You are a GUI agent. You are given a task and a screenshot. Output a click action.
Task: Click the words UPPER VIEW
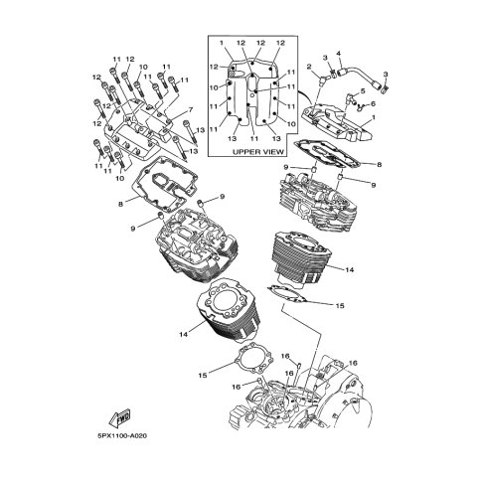click(258, 152)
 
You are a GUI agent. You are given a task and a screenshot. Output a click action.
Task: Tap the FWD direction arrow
click(119, 417)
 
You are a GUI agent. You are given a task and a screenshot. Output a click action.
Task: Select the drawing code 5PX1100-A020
click(122, 435)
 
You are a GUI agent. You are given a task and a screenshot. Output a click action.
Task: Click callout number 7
click(190, 109)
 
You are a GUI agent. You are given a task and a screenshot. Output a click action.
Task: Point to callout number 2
click(309, 68)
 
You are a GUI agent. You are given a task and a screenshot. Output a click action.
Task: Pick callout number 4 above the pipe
click(339, 53)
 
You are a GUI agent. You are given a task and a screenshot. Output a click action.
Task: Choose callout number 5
click(363, 90)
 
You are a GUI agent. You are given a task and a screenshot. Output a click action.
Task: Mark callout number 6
click(373, 103)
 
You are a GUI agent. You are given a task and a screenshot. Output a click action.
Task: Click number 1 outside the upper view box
click(374, 117)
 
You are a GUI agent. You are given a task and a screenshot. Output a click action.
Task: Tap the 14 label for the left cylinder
click(184, 334)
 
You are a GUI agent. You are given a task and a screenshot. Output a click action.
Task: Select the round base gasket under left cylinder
click(254, 360)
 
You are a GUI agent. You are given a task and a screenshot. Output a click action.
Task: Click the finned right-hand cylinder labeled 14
click(302, 257)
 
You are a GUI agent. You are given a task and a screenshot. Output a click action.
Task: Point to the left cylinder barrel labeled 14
click(229, 310)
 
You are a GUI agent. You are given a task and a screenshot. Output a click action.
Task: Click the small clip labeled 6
click(362, 106)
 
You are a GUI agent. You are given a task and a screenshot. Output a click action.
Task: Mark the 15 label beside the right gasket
click(340, 305)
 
